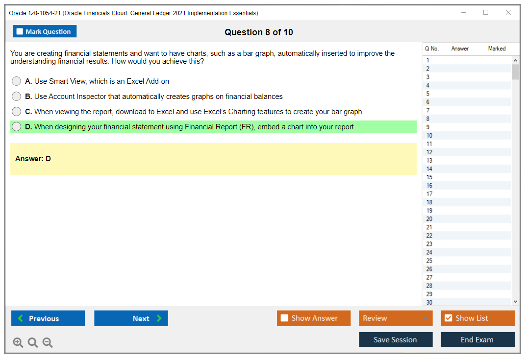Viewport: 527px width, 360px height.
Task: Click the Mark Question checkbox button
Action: pos(44,31)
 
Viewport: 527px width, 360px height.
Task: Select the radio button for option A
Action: pos(17,81)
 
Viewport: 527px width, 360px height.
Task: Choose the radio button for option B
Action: pos(17,96)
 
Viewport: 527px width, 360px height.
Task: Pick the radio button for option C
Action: pos(17,112)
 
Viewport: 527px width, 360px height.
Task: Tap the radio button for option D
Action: pos(17,126)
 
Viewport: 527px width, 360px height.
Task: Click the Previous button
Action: pos(48,318)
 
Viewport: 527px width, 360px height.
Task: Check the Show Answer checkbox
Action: pos(284,318)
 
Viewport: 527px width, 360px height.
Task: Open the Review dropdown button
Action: pos(396,318)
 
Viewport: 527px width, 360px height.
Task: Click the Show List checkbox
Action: pos(449,318)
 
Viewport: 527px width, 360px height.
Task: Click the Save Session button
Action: pos(396,339)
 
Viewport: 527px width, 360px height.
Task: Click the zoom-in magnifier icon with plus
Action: pos(18,342)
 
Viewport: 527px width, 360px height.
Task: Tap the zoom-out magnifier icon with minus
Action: pos(48,342)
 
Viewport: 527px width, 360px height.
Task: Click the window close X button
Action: pos(508,12)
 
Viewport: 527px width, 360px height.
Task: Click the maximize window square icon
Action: pos(486,12)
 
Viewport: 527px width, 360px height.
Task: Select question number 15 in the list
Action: pos(429,177)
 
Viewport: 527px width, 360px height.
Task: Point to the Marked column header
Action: pos(497,48)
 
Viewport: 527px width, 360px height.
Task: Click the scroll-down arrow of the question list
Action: pos(515,302)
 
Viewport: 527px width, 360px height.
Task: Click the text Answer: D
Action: pos(33,159)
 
